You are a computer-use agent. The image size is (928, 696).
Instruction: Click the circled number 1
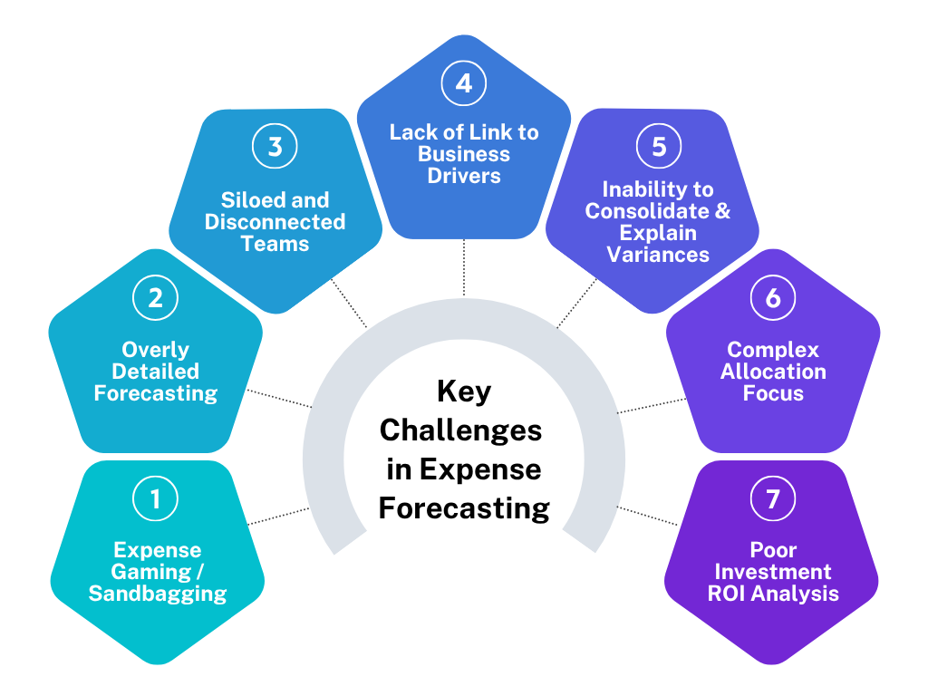coord(155,498)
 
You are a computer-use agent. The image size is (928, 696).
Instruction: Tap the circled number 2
coord(155,297)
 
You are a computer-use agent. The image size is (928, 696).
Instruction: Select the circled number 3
coord(275,146)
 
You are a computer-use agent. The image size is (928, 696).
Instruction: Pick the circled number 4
coord(464,82)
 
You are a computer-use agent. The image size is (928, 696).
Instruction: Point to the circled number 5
coord(659,146)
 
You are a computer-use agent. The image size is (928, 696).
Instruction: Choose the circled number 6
coord(773,297)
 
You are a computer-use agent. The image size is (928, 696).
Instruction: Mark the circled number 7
coord(773,498)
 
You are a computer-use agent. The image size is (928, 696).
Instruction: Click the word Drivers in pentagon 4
coord(464,176)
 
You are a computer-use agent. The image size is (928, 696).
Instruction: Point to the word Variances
coord(658,255)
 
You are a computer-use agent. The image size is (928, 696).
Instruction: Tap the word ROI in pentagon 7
coord(726,593)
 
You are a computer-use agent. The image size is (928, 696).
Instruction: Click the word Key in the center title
coord(464,391)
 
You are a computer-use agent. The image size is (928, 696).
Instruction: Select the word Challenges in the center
coord(460,430)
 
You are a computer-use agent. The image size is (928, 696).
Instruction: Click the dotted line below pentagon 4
coord(464,267)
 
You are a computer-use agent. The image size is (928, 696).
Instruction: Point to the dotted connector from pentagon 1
coord(279,516)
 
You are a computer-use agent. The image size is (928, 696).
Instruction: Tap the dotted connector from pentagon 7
coord(647,516)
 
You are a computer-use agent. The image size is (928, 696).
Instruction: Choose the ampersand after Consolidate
coord(722,211)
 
